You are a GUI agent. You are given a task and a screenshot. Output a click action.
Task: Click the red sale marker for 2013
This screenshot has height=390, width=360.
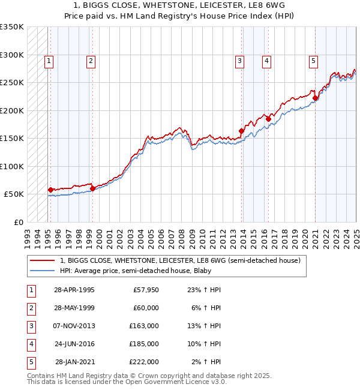click(242, 131)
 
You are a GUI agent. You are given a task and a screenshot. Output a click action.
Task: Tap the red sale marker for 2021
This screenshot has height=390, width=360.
click(316, 98)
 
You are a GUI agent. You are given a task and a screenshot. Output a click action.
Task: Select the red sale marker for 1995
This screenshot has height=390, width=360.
click(50, 190)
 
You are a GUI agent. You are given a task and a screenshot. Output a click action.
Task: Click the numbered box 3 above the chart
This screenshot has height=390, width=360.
click(239, 60)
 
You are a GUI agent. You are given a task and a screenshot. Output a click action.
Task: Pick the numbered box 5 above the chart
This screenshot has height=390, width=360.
click(313, 60)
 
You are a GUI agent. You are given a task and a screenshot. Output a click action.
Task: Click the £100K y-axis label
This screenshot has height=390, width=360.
click(13, 166)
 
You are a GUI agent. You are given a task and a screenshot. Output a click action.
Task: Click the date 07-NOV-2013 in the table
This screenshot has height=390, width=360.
click(74, 326)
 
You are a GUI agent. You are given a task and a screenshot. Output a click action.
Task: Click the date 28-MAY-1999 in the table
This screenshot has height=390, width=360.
click(74, 308)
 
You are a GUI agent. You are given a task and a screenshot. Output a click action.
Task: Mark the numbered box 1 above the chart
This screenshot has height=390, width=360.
click(48, 60)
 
